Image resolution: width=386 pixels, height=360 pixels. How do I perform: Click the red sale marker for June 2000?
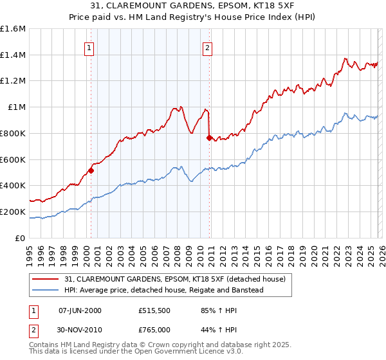[x=91, y=170]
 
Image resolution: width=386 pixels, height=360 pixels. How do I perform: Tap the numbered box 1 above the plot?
[x=88, y=47]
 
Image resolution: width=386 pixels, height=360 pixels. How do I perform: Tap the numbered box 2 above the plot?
[x=208, y=47]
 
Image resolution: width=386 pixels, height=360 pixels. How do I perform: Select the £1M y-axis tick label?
[x=17, y=107]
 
